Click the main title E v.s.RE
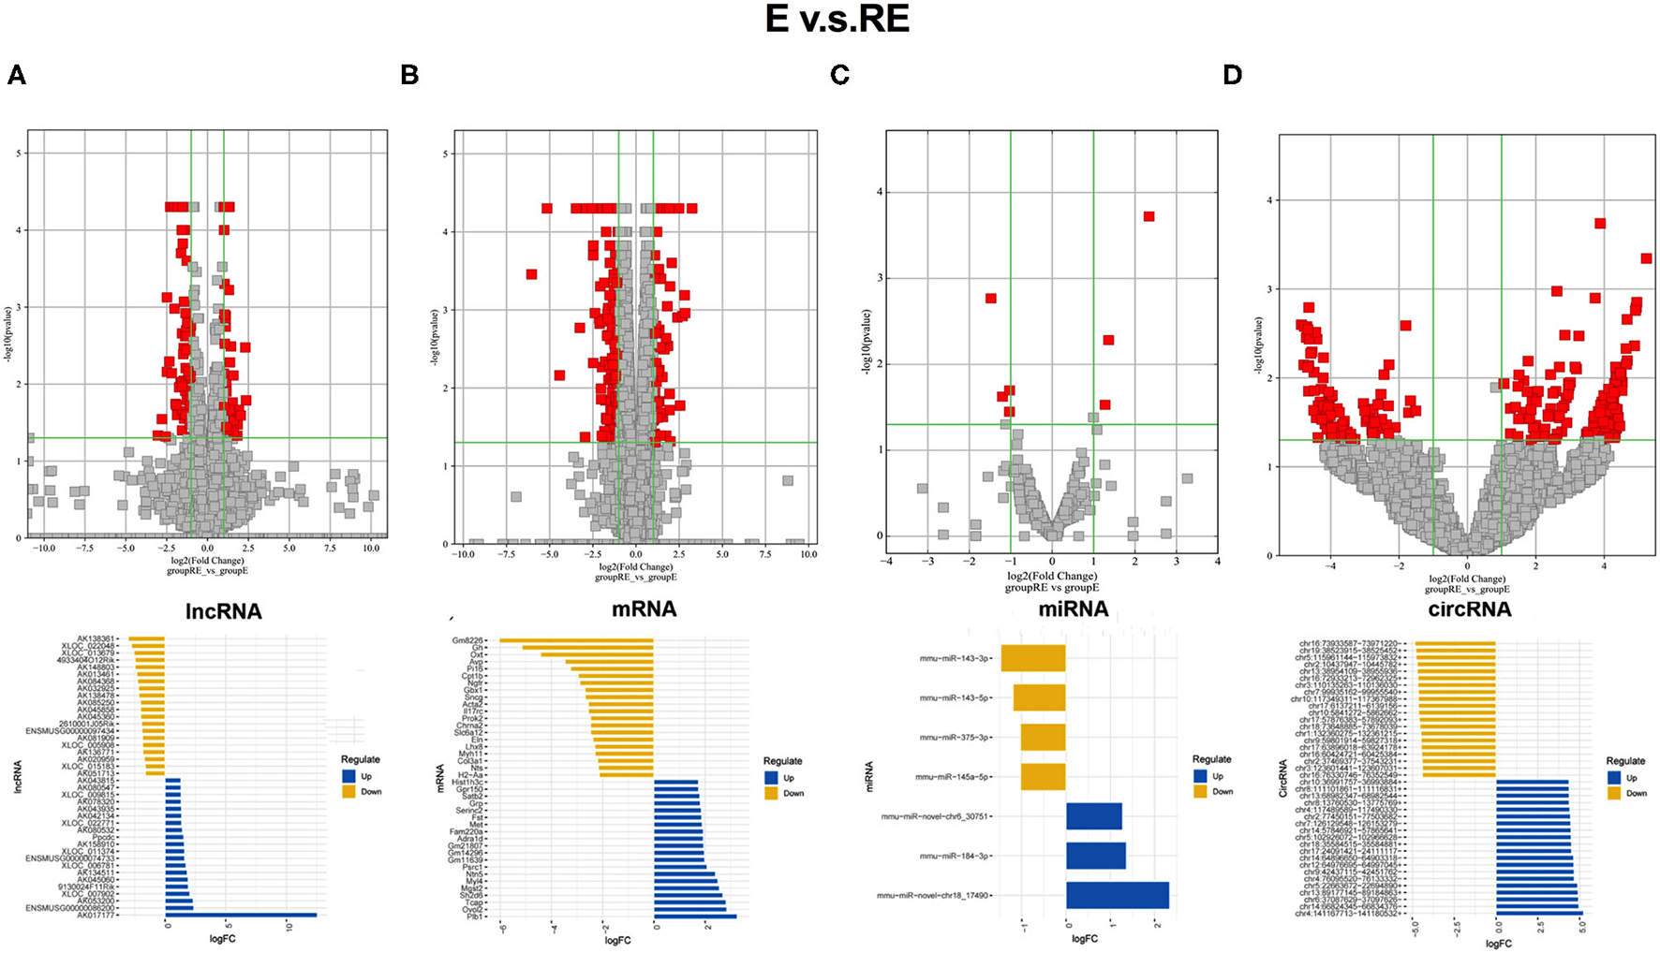837,21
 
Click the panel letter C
839,76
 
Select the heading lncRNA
223,612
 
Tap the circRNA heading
1470,609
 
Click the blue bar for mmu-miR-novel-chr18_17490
1117,895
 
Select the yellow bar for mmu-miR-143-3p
1033,658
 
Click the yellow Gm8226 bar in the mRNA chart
576,640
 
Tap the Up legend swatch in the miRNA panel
1201,776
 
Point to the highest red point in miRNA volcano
1149,216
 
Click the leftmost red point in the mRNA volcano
531,274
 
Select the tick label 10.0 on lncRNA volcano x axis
370,549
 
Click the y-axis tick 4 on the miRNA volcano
880,192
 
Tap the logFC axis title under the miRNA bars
1084,938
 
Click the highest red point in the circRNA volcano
1600,223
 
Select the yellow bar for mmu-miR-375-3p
1043,737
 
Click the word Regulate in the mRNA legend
782,761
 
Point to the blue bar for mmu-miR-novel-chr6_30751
1093,816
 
